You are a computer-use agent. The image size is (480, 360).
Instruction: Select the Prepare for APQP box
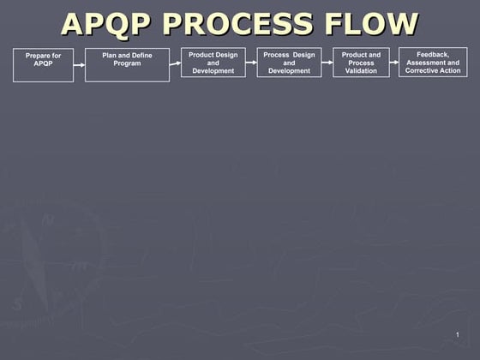[x=43, y=65]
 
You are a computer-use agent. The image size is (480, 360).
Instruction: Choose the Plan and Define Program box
[x=127, y=65]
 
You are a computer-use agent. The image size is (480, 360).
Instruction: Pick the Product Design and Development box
[x=213, y=63]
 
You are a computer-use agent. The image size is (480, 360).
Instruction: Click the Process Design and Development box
[x=289, y=63]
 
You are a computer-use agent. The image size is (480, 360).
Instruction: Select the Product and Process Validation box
[x=361, y=63]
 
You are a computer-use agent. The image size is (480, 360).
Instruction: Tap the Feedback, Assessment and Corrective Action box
[x=433, y=62]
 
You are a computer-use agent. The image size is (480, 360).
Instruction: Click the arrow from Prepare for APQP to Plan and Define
[x=79, y=64]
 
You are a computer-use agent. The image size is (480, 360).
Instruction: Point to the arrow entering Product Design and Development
[x=175, y=63]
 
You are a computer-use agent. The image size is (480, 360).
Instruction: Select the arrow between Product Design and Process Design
[x=251, y=63]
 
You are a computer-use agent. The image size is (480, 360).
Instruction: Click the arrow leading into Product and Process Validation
[x=327, y=63]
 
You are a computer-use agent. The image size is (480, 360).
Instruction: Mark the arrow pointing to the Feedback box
[x=394, y=63]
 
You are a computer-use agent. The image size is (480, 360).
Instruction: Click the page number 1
[x=458, y=333]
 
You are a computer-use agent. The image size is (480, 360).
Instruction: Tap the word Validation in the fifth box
[x=361, y=71]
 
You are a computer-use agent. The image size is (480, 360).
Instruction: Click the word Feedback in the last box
[x=433, y=54]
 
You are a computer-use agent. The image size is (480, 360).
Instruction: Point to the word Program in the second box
[x=127, y=63]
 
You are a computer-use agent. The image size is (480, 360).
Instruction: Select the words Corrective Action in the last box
[x=433, y=70]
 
